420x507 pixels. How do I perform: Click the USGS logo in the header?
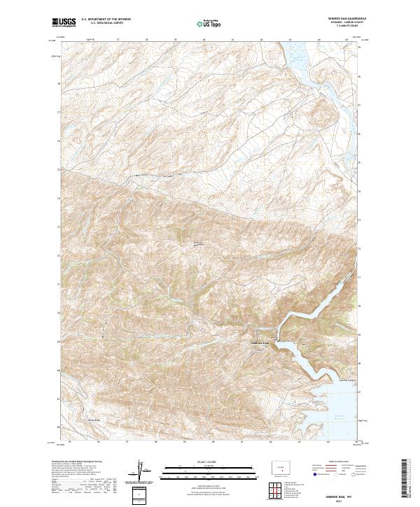[64, 23]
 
